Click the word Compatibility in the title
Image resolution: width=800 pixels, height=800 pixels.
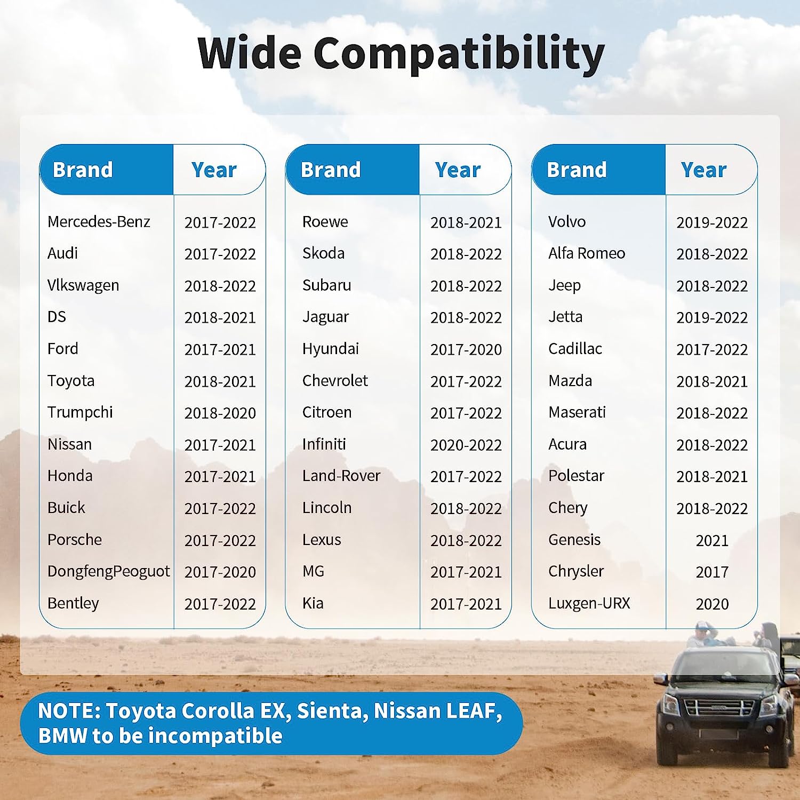459,54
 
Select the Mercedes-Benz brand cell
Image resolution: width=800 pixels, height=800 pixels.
99,221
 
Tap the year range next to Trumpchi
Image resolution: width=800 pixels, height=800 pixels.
220,413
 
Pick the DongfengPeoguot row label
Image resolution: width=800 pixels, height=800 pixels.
108,572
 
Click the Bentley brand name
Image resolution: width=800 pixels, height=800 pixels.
73,603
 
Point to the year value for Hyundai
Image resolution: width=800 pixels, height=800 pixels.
466,349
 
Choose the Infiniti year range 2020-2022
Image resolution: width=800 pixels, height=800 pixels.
466,445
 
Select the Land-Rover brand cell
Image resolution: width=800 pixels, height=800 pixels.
341,475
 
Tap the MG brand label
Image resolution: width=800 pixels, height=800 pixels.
313,571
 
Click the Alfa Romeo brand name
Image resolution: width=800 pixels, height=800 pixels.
587,253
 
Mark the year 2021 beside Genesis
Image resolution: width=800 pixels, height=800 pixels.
712,540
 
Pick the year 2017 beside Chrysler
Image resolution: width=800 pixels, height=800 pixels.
712,572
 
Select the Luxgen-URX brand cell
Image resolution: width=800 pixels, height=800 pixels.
589,603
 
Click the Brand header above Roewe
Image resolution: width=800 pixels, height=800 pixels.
331,170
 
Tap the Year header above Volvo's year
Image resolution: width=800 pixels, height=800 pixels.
703,170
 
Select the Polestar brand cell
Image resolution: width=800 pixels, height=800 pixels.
576,475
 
